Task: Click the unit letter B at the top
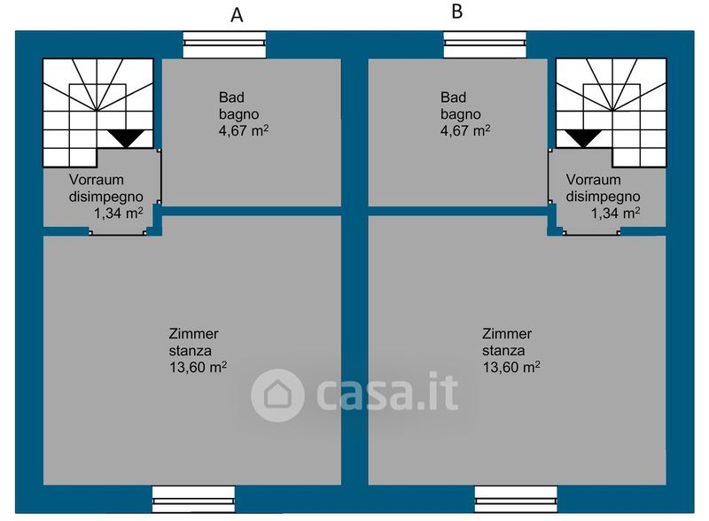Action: pyautogui.click(x=457, y=12)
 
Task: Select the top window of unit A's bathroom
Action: pyautogui.click(x=224, y=39)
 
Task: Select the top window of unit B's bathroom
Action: pyautogui.click(x=485, y=39)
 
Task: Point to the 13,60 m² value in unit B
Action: pyautogui.click(x=511, y=367)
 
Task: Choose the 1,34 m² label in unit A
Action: pyautogui.click(x=118, y=213)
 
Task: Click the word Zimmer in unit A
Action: pyautogui.click(x=193, y=334)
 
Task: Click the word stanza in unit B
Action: pyautogui.click(x=502, y=350)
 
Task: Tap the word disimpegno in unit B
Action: pyautogui.click(x=603, y=196)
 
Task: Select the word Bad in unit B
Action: pyautogui.click(x=452, y=97)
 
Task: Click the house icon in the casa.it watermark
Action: pyautogui.click(x=277, y=395)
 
